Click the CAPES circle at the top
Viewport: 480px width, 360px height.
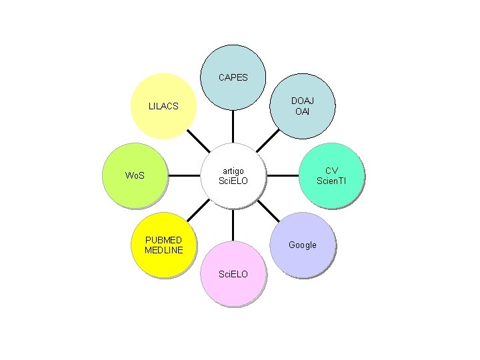(x=233, y=77)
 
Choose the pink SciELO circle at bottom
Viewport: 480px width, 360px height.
(x=233, y=274)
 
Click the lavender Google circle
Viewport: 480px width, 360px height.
(x=303, y=245)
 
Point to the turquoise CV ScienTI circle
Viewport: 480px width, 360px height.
(x=331, y=176)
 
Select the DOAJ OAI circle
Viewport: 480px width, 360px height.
(x=303, y=105)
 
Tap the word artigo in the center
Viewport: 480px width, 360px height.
(x=233, y=171)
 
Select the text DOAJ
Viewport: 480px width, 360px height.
(x=303, y=100)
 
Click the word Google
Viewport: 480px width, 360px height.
(x=303, y=245)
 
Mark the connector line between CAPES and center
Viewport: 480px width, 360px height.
(x=233, y=127)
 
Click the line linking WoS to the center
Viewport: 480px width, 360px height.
(x=185, y=177)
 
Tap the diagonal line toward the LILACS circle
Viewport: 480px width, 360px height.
(x=198, y=141)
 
